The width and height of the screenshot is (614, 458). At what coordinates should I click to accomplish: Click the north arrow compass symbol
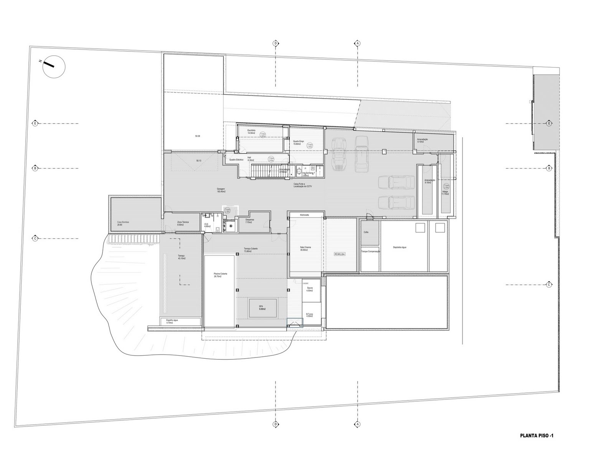point(53,66)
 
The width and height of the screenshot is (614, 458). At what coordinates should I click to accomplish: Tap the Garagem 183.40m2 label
point(221,190)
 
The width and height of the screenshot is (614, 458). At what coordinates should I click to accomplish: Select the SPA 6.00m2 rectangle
point(262,308)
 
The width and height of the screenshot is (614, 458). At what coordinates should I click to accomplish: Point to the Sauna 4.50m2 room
point(310,289)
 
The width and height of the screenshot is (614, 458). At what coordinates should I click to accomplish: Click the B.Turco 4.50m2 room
point(310,315)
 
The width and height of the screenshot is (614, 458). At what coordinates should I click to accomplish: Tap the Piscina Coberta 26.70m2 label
point(220,275)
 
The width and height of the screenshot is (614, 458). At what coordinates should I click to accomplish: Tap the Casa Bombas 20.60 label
point(123,223)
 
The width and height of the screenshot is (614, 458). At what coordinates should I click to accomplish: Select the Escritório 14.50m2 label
point(251,132)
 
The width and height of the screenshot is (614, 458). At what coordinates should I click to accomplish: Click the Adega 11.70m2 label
point(445,193)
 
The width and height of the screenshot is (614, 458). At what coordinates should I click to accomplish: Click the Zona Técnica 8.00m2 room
point(183,223)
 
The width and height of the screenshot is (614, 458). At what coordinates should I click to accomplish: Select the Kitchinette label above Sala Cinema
point(305,215)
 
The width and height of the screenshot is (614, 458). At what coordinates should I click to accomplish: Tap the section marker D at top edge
point(275,43)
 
